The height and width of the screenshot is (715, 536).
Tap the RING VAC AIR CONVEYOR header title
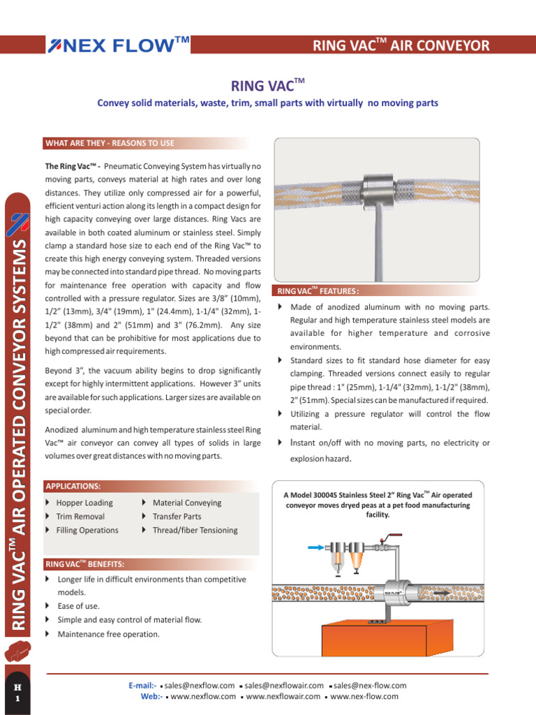(401, 46)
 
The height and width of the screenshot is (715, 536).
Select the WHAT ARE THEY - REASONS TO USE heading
(110, 143)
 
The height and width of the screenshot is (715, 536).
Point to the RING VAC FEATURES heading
(318, 290)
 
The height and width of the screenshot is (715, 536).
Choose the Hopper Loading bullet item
(84, 503)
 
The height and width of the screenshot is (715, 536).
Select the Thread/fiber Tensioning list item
(195, 530)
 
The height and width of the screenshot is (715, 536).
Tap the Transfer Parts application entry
(177, 517)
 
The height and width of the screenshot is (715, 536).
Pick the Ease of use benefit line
(78, 606)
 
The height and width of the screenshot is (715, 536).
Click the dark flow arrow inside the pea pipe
(442, 594)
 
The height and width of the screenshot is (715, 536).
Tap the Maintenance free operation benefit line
(108, 634)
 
